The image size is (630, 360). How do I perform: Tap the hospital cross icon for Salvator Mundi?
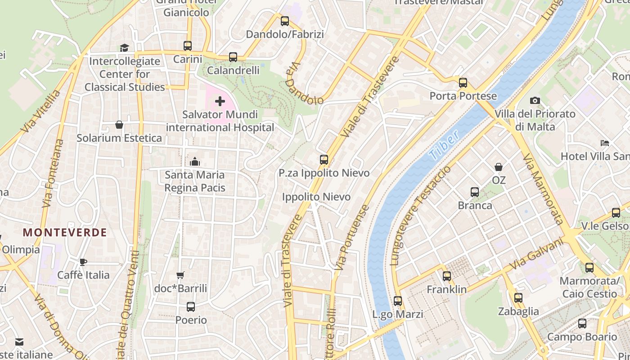220,102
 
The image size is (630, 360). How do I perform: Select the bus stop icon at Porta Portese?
463,83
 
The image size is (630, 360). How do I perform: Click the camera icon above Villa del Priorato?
535,100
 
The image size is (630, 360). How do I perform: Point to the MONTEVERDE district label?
65,233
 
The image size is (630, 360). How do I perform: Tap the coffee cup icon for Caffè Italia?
83,262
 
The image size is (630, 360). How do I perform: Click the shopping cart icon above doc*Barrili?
180,275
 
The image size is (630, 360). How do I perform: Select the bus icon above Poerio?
191,307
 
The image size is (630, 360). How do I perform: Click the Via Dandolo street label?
304,84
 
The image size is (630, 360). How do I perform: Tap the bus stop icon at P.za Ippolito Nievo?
324,159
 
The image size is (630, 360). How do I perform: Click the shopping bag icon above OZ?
499,167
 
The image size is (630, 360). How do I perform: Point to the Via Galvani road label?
536,255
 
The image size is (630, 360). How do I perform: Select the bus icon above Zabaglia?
518,297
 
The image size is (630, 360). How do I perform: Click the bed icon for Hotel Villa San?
605,143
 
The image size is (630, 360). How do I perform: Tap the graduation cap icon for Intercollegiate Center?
124,48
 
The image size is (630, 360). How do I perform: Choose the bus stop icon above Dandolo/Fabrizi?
284,21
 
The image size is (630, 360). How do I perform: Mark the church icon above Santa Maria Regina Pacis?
195,161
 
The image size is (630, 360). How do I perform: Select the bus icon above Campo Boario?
582,323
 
